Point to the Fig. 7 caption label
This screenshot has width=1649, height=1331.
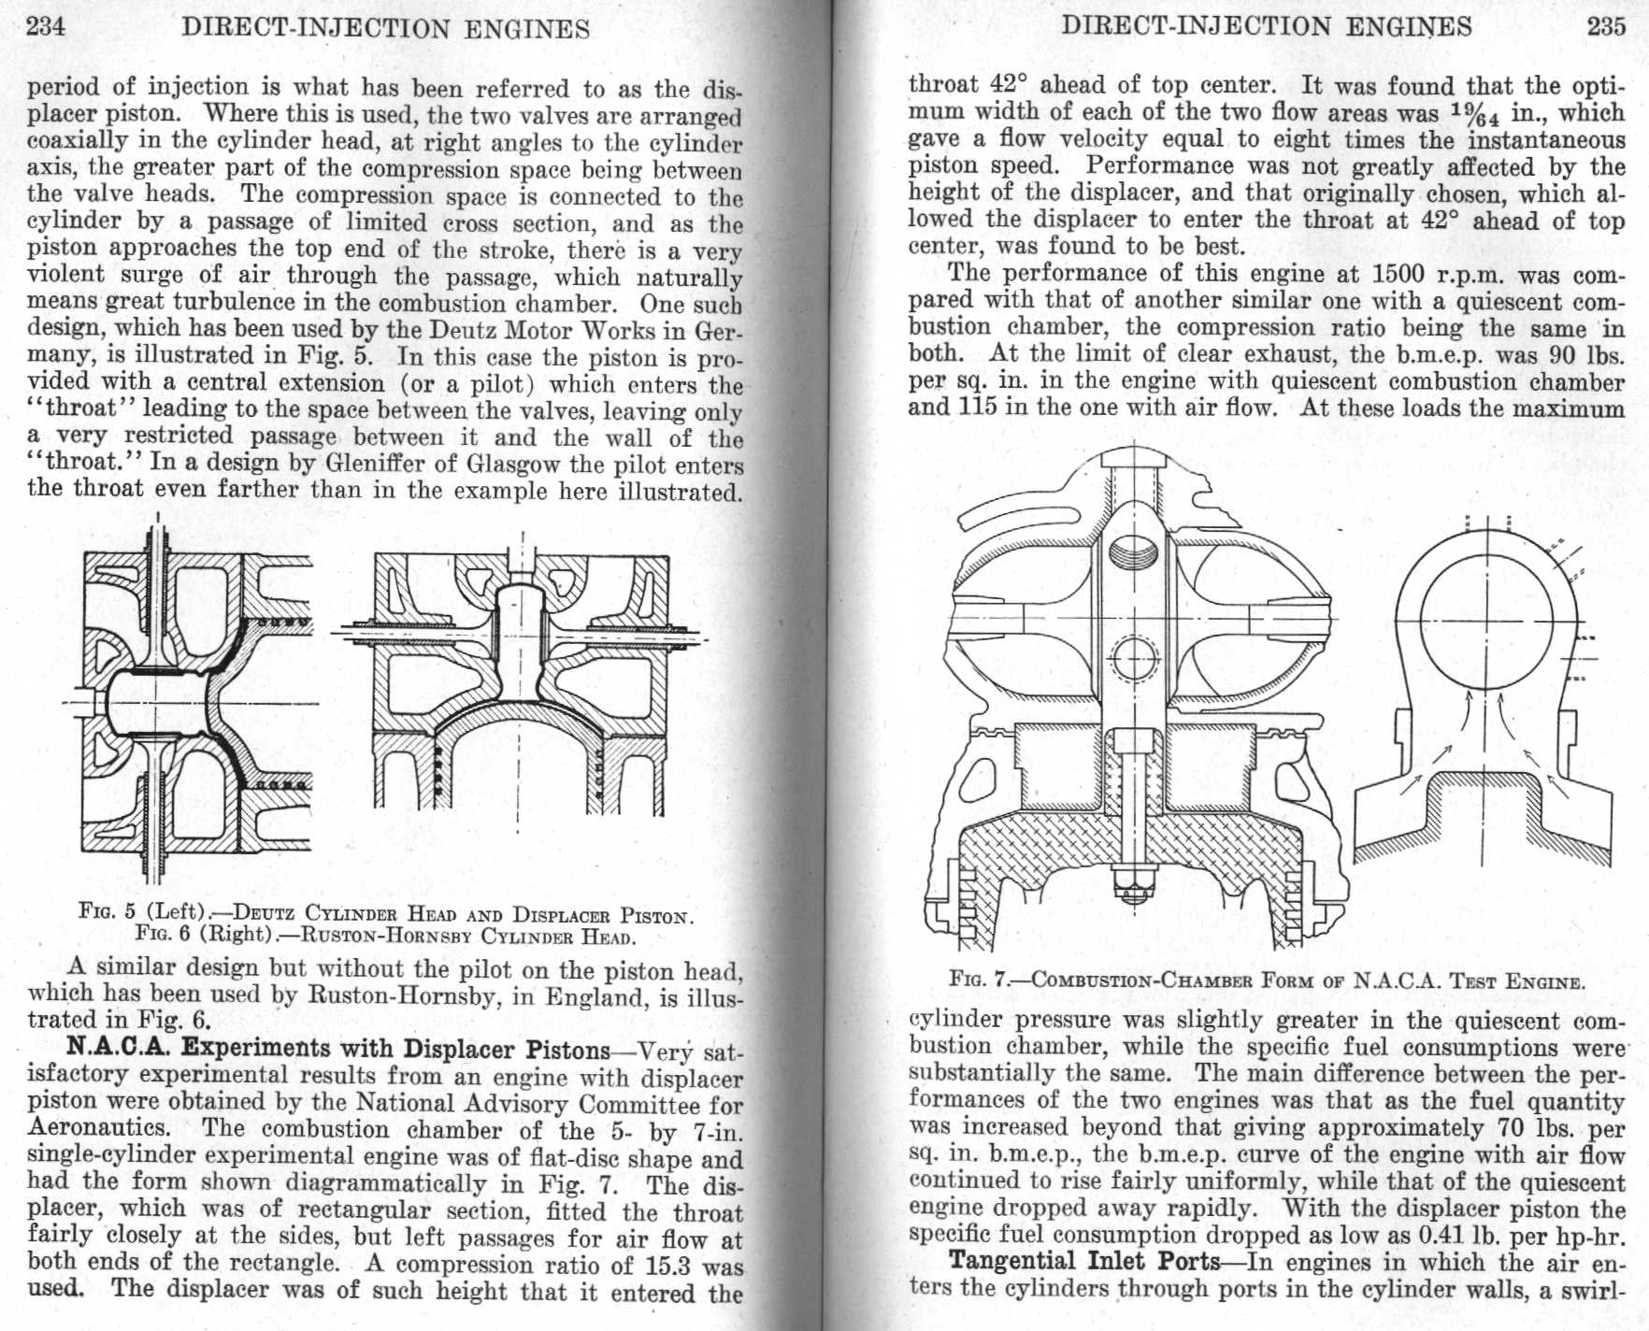(x=981, y=980)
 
